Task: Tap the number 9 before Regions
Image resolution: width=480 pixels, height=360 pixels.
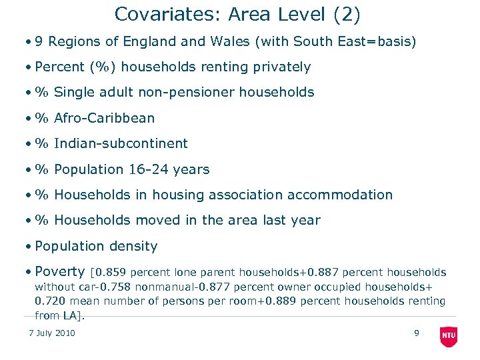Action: pos(40,42)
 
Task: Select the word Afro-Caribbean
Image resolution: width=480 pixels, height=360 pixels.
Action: pos(104,119)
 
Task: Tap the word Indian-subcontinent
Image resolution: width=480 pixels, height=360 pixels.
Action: pos(121,144)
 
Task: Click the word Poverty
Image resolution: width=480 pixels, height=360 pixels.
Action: pos(60,272)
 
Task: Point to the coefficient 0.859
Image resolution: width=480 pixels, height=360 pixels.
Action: pos(111,273)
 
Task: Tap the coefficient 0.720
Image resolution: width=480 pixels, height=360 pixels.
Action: pos(50,301)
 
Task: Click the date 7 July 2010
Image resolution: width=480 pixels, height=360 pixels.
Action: pos(52,333)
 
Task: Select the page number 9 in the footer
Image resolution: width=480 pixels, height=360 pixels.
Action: pos(417,333)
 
